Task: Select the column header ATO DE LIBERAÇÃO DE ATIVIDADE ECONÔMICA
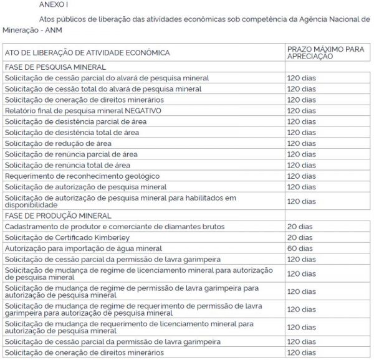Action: click(87, 53)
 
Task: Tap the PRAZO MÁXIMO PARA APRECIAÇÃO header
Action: click(319, 53)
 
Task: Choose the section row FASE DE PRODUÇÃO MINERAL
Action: click(57, 216)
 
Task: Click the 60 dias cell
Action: click(299, 248)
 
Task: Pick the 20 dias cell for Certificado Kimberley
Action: click(299, 237)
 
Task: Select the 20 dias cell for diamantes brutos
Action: click(299, 226)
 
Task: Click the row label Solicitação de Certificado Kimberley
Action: click(70, 237)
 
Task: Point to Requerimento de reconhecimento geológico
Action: click(82, 176)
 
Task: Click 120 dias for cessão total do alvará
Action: click(301, 89)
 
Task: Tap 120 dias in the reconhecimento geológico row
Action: click(301, 176)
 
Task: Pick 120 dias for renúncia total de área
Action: click(301, 165)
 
